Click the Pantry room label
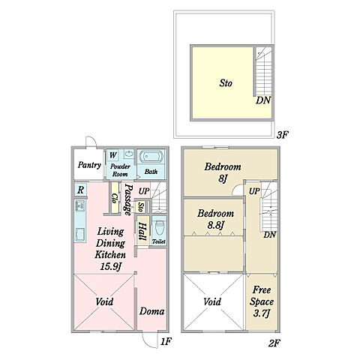[x=89, y=165]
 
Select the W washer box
[x=112, y=155]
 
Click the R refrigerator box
[x=80, y=190]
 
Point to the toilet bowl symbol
[x=159, y=229]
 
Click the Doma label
[x=151, y=311]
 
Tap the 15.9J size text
[x=110, y=267]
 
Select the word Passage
[x=128, y=199]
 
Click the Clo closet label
[x=115, y=198]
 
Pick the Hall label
[x=142, y=232]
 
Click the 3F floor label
[x=283, y=135]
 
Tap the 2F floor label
[x=274, y=343]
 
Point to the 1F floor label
[x=166, y=341]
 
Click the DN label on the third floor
[x=263, y=100]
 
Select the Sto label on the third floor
[x=226, y=83]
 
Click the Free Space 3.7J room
[x=262, y=301]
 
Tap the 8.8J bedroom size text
[x=215, y=226]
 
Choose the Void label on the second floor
[x=211, y=301]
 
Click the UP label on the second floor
[x=254, y=191]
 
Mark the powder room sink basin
[x=129, y=154]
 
